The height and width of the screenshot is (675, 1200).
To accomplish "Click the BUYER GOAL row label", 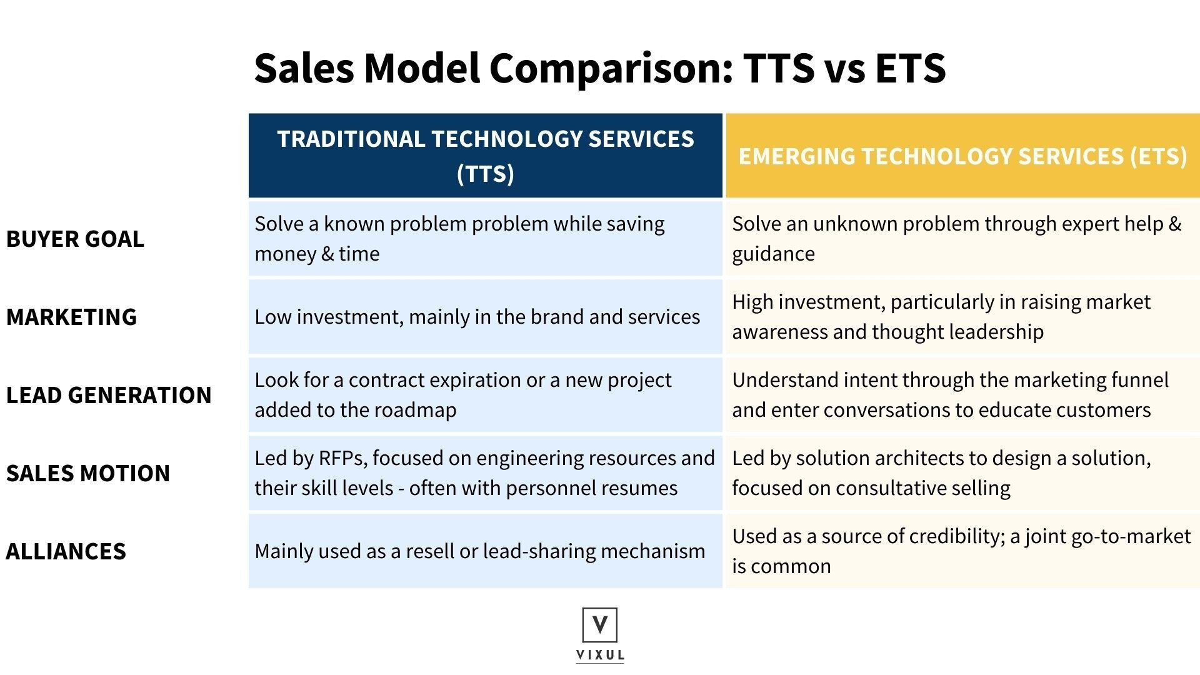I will click(75, 239).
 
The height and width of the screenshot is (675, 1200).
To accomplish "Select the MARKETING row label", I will click(71, 317).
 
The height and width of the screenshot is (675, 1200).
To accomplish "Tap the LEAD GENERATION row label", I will click(109, 395).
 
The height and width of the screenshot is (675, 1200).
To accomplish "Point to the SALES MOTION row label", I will click(88, 473).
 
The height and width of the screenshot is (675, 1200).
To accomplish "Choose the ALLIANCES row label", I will click(66, 551).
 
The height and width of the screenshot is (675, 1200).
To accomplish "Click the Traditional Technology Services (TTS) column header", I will click(486, 156).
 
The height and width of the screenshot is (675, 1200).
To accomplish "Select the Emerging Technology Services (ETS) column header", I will click(962, 156).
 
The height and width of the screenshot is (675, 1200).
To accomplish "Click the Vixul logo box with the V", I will click(600, 625).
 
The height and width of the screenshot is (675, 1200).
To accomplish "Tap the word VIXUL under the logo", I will click(600, 655).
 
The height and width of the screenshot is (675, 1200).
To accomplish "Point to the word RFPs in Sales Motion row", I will click(342, 458).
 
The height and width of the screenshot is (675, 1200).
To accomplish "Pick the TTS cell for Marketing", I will click(486, 317).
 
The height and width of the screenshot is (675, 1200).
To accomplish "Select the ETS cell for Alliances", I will click(962, 551).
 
